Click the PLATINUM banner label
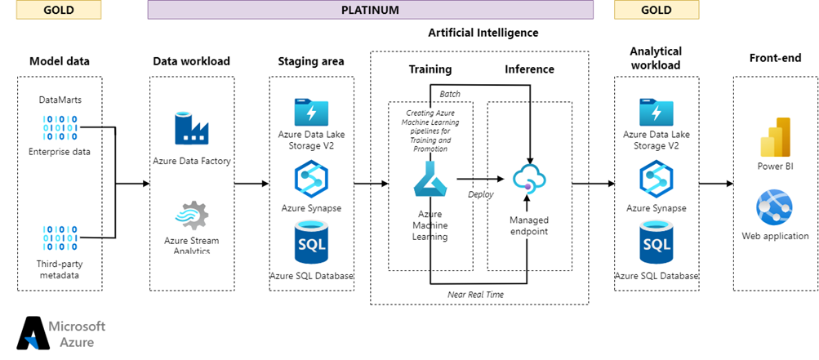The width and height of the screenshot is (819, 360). tap(370, 10)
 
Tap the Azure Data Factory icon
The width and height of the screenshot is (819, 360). tap(192, 129)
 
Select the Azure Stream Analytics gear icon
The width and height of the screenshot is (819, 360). tap(191, 216)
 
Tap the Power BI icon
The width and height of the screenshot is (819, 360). tap(775, 136)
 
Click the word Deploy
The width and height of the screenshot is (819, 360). tap(481, 194)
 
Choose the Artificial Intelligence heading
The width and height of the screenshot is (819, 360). tap(483, 33)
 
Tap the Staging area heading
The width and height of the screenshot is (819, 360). tap(311, 61)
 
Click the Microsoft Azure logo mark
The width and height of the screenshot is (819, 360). tap(32, 333)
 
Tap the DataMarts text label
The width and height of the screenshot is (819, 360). tap(60, 100)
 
